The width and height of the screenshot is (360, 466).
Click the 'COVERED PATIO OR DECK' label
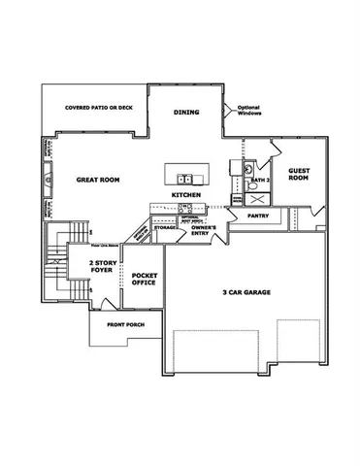click(97, 108)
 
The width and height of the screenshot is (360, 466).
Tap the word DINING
click(186, 113)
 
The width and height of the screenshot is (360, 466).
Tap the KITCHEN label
click(186, 195)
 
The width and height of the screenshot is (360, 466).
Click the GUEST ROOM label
click(299, 173)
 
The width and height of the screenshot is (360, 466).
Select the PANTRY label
click(258, 216)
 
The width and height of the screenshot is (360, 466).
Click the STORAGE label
click(165, 227)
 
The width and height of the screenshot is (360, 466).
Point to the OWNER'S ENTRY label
click(203, 231)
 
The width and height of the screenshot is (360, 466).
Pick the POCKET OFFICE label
click(145, 282)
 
